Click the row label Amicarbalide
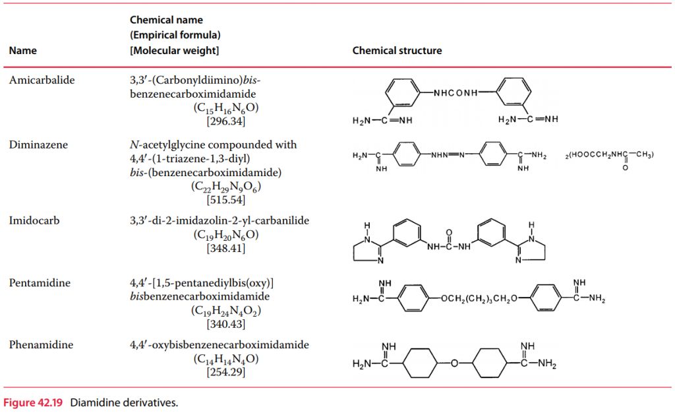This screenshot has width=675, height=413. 42,80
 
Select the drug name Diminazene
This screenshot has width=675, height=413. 38,144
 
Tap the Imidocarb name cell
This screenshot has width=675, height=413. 34,220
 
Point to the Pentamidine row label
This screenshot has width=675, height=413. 40,283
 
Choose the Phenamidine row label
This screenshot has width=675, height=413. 41,345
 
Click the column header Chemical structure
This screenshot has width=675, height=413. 397,51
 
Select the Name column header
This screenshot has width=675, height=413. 23,51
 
